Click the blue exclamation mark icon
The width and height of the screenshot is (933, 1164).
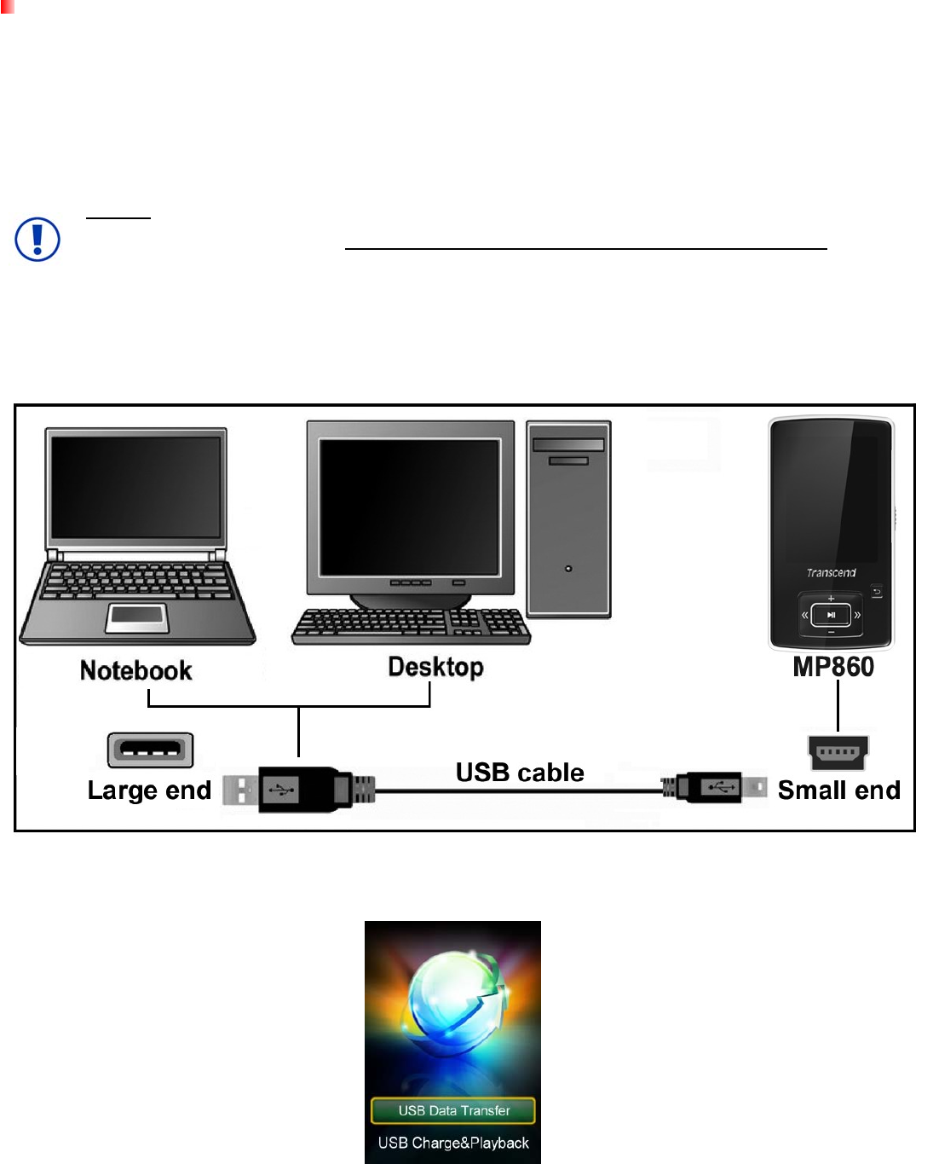[37, 240]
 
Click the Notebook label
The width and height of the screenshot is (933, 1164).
[136, 670]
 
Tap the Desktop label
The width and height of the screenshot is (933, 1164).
[435, 666]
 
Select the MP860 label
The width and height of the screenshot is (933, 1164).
[833, 666]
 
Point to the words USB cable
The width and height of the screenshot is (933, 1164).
[520, 773]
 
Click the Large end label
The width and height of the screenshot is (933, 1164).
[149, 790]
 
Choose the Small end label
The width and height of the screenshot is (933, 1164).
[838, 790]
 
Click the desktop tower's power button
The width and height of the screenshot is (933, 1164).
[568, 569]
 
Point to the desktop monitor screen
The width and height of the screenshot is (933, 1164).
[409, 507]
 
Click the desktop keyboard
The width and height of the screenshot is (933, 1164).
[411, 626]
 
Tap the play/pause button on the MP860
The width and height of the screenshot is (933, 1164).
[831, 614]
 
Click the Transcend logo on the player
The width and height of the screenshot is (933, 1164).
[831, 572]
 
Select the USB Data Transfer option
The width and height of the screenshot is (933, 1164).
[453, 1110]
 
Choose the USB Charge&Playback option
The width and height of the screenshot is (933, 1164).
[453, 1143]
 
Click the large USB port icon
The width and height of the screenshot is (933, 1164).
[151, 750]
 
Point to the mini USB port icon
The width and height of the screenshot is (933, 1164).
[838, 752]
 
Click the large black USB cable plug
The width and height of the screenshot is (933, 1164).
[298, 790]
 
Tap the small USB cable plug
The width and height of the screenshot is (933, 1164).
[714, 788]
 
